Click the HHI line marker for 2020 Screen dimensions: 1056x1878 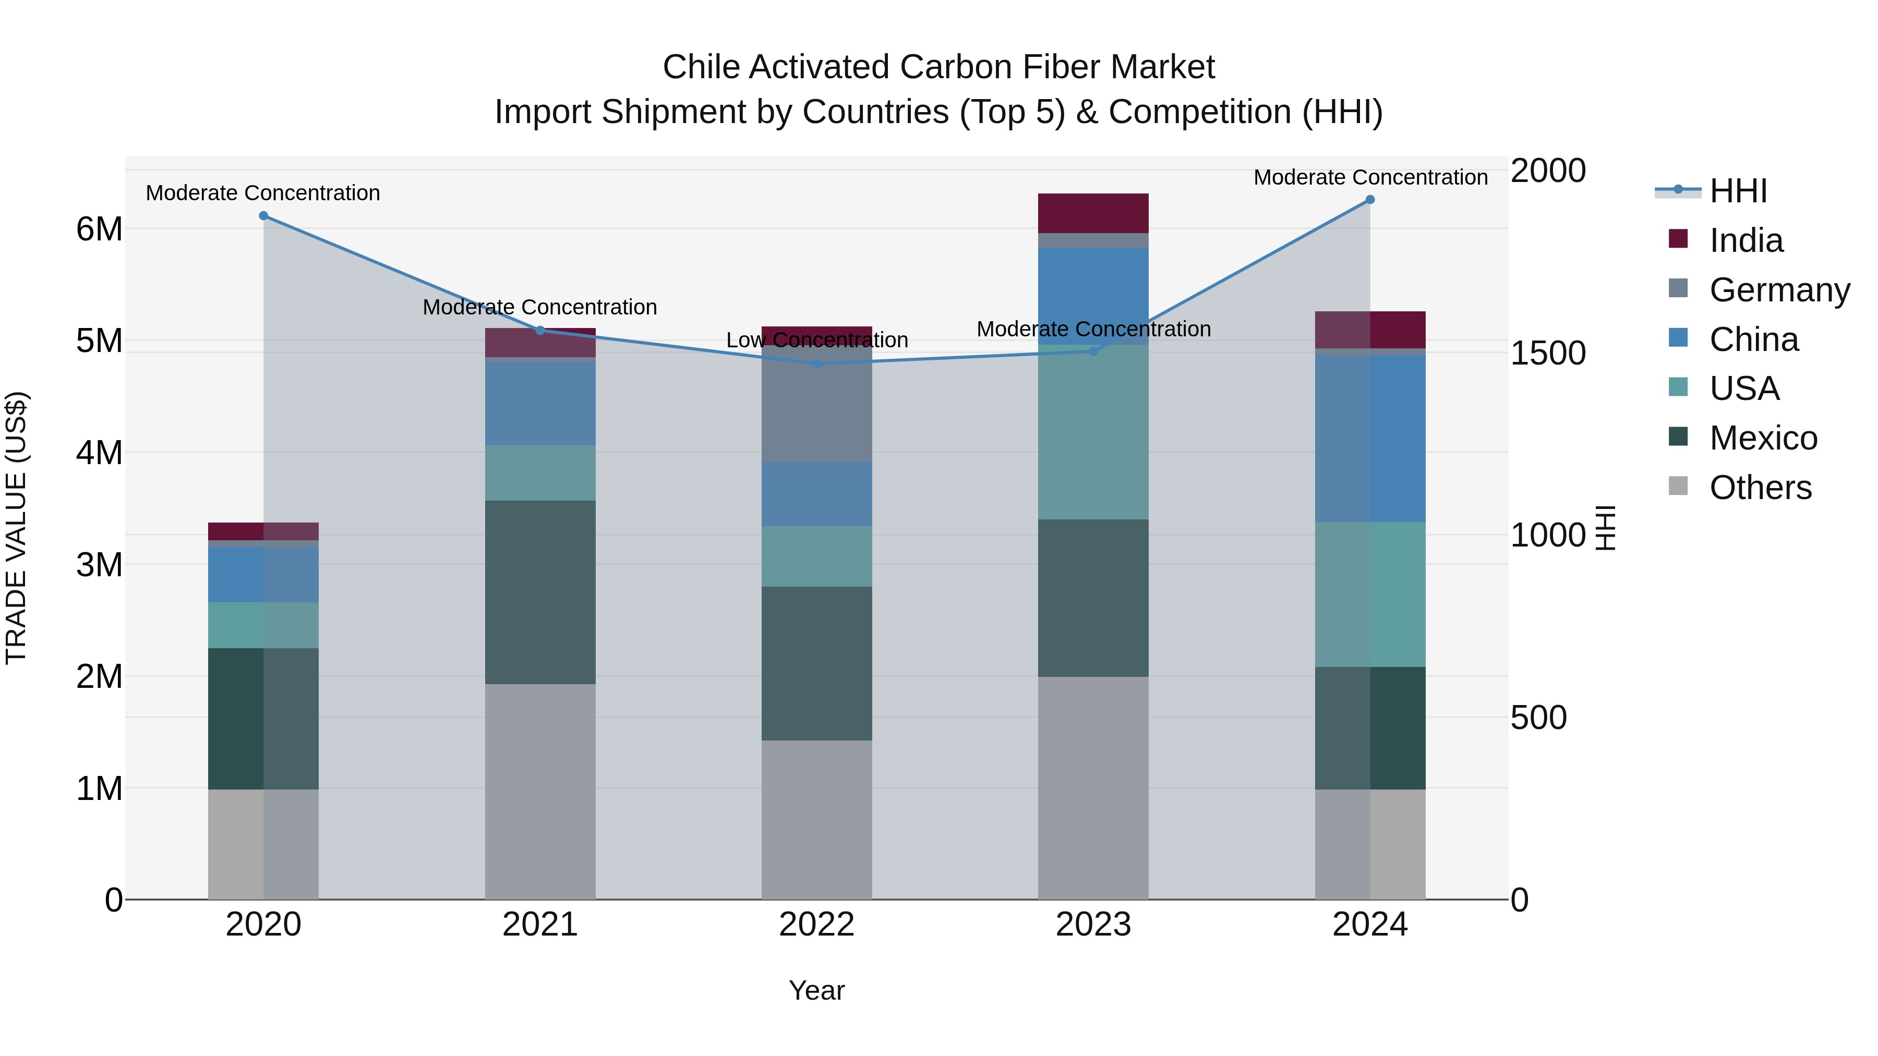(263, 216)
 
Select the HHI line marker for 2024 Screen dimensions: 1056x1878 (1370, 200)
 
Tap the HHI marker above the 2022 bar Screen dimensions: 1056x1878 (816, 363)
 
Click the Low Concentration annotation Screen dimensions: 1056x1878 (816, 341)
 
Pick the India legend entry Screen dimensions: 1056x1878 (1745, 240)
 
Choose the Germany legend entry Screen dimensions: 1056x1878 (1779, 290)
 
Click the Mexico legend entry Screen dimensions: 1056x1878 (1763, 438)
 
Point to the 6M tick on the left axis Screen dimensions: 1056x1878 (99, 229)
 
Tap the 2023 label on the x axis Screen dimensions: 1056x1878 (1093, 925)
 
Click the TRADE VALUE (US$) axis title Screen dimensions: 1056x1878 (17, 528)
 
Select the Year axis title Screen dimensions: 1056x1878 (816, 990)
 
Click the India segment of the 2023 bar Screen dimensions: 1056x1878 (1093, 213)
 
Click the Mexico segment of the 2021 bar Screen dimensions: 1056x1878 (540, 592)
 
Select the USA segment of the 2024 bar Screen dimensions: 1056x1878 (1370, 594)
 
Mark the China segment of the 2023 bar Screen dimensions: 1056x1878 (1093, 295)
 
